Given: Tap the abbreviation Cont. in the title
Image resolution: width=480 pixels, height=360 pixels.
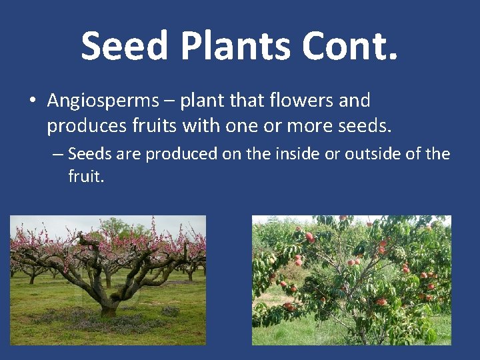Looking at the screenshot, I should [x=350, y=46].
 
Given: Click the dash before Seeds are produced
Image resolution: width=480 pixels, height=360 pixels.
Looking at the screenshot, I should [x=57, y=155].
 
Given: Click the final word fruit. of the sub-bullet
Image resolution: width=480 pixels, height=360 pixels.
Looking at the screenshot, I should [x=86, y=177].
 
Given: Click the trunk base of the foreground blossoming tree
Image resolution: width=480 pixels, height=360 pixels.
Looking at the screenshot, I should [x=108, y=308].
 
